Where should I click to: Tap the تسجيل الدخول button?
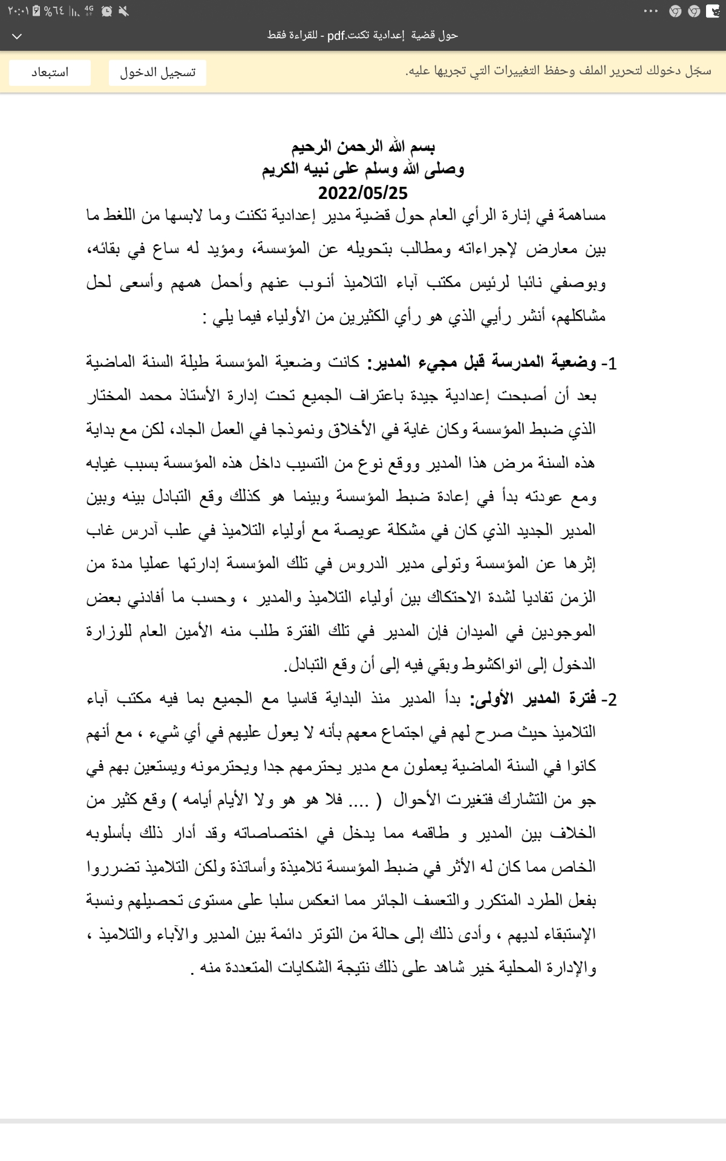pyautogui.click(x=157, y=73)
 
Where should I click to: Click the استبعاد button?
pyautogui.click(x=50, y=73)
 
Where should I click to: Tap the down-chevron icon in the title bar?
pyautogui.click(x=17, y=36)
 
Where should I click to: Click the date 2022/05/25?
pyautogui.click(x=363, y=193)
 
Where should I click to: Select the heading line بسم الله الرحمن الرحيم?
pyautogui.click(x=363, y=146)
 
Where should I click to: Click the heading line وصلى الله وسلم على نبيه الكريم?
pyautogui.click(x=363, y=169)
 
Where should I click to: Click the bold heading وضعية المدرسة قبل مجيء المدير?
pyautogui.click(x=486, y=363)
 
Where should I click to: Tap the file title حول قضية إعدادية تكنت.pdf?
pyautogui.click(x=363, y=35)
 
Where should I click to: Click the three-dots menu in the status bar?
pyautogui.click(x=651, y=11)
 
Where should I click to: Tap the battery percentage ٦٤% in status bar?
pyautogui.click(x=54, y=11)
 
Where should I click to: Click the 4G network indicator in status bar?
pyautogui.click(x=89, y=10)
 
